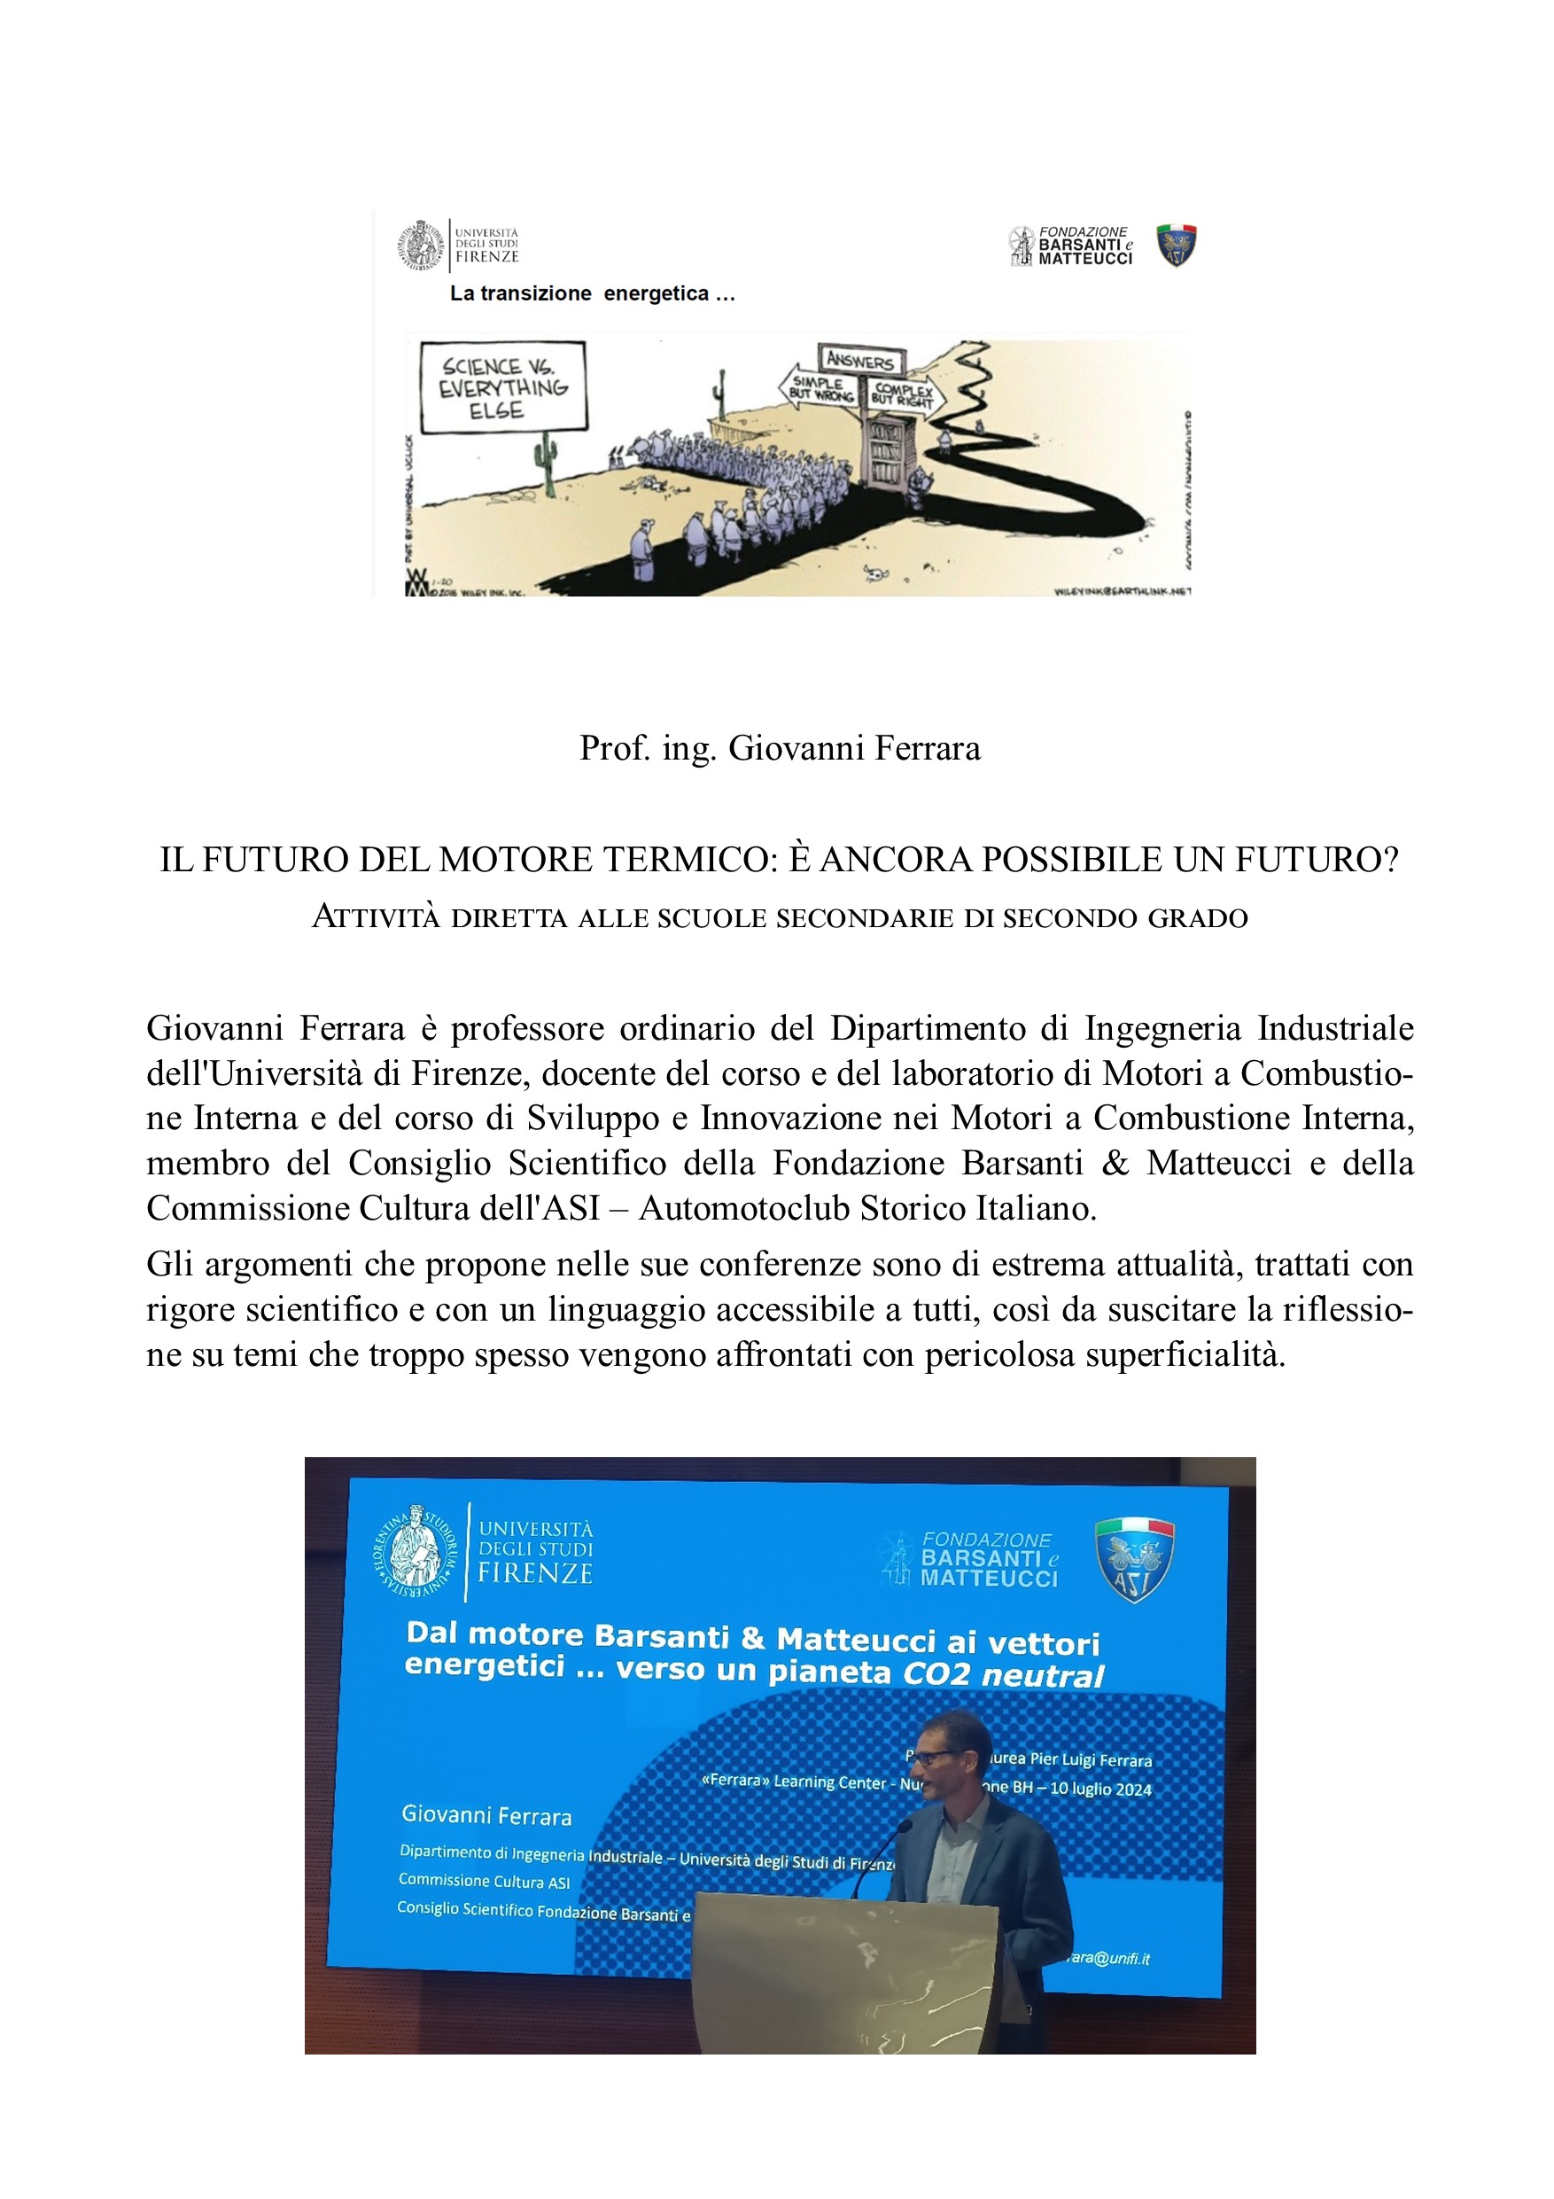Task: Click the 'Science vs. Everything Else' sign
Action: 502,387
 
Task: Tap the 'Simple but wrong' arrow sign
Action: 819,388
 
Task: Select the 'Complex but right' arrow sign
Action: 904,394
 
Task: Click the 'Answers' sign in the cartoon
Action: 859,361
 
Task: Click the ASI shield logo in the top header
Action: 1176,246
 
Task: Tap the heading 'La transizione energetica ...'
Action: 592,294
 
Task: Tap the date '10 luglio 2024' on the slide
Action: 1100,1788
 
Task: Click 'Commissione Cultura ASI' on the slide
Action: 484,1881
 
